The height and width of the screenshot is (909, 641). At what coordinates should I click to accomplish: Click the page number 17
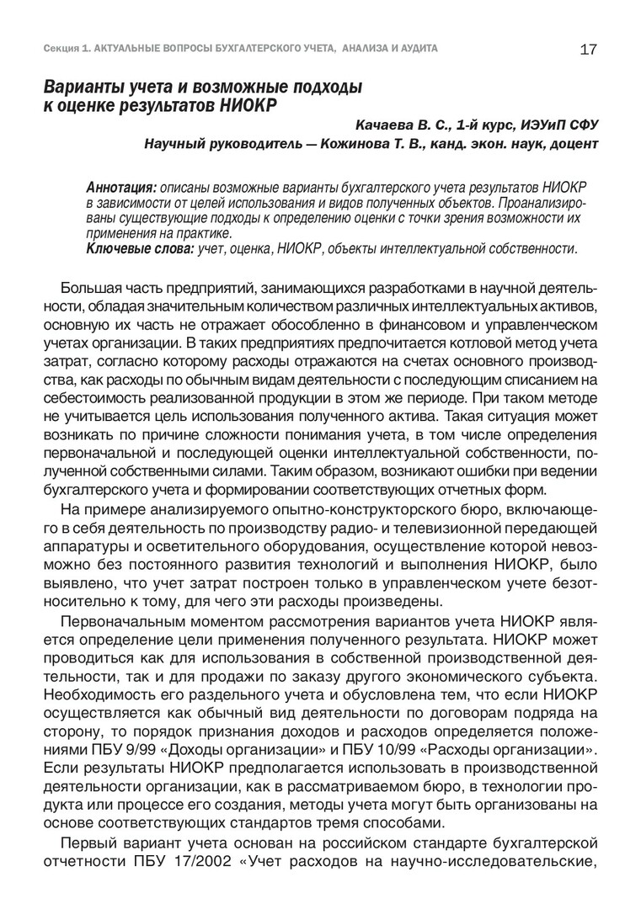pos(589,50)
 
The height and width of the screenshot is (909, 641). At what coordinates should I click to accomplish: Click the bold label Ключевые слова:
pos(140,249)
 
